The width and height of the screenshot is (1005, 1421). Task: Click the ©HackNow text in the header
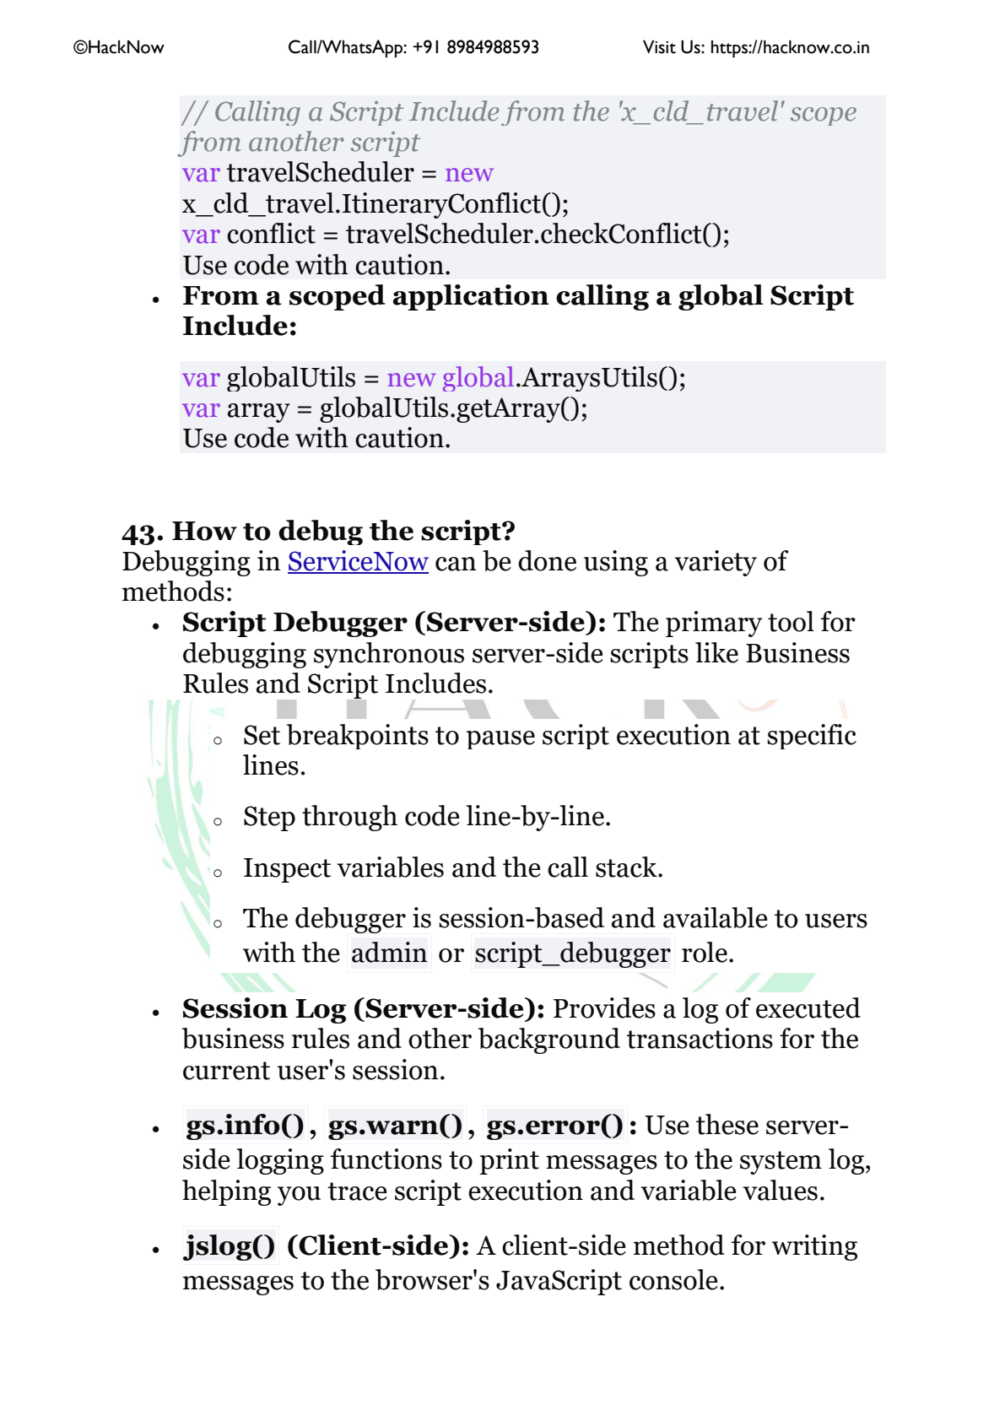(x=119, y=48)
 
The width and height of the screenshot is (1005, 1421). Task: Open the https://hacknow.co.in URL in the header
(x=789, y=48)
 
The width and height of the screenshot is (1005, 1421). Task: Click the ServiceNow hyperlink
(x=358, y=562)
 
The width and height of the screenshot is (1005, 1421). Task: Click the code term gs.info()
(x=245, y=1126)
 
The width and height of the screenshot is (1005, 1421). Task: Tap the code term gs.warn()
(x=396, y=1126)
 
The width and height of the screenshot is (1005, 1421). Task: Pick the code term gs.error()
(x=555, y=1126)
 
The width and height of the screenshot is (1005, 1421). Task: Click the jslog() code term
(x=230, y=1246)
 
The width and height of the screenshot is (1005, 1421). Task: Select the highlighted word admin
(x=389, y=954)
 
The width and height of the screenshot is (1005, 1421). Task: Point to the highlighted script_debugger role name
(x=572, y=954)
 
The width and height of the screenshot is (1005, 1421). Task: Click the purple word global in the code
(x=478, y=378)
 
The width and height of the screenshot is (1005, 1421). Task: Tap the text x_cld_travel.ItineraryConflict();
(x=376, y=204)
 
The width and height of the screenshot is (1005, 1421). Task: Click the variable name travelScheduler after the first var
(x=320, y=173)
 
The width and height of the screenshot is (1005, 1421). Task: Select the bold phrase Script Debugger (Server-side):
(x=394, y=623)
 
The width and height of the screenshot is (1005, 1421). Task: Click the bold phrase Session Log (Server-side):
(x=363, y=1009)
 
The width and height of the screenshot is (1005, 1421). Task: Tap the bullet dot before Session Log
(x=156, y=1012)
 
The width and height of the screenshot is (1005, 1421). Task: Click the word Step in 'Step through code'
(x=269, y=817)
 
